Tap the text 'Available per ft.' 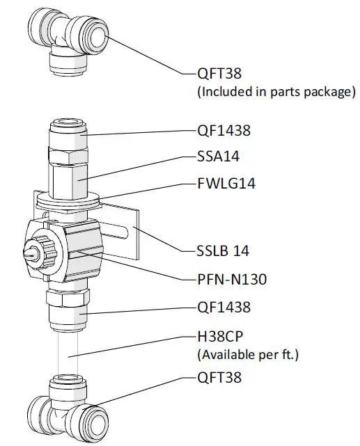249,355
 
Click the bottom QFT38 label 223,379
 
